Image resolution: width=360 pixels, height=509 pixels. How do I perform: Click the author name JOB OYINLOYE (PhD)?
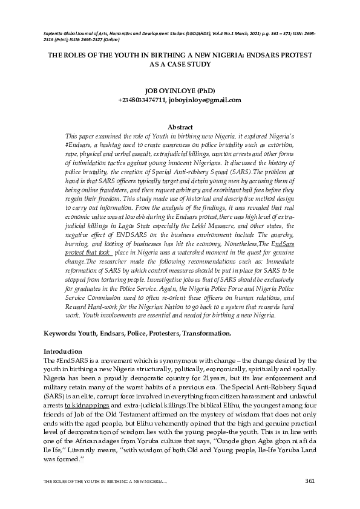(x=180, y=91)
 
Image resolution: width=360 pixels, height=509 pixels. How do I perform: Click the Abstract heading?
(x=180, y=128)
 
